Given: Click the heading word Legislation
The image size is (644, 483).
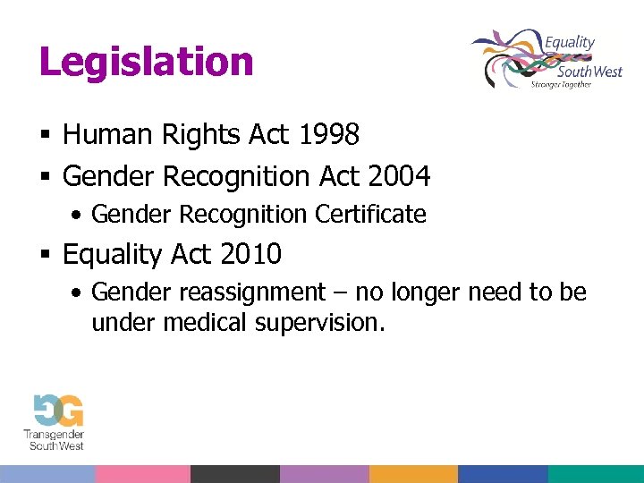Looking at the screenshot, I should [x=147, y=63].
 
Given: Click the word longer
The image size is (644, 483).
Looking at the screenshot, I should [x=425, y=292].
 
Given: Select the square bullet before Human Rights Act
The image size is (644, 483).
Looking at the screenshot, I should [x=45, y=136].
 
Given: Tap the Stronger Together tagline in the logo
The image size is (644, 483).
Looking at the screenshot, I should [x=562, y=84].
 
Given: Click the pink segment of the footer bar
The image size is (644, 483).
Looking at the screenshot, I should [x=142, y=474].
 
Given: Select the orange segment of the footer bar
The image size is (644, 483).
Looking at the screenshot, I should [x=413, y=474].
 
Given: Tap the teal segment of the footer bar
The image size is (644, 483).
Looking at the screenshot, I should [x=596, y=474].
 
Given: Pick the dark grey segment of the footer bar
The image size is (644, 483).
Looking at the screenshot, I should [x=234, y=474].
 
